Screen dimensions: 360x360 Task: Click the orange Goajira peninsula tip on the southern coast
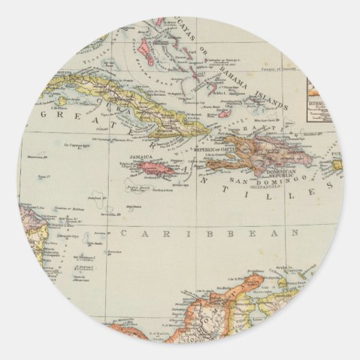pos(255,278)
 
